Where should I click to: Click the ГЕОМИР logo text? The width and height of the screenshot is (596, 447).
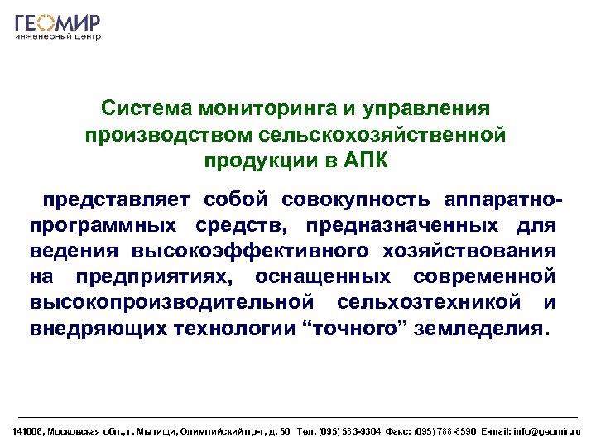pyautogui.click(x=58, y=22)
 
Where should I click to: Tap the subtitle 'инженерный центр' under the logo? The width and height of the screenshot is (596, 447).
pyautogui.click(x=58, y=37)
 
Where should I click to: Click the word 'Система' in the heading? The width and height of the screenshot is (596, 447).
pyautogui.click(x=142, y=109)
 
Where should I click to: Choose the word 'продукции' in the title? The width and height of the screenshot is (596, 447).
pyautogui.click(x=267, y=159)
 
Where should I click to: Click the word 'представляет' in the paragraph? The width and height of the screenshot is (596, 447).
pyautogui.click(x=120, y=200)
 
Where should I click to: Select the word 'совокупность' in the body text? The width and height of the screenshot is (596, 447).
pyautogui.click(x=355, y=200)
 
